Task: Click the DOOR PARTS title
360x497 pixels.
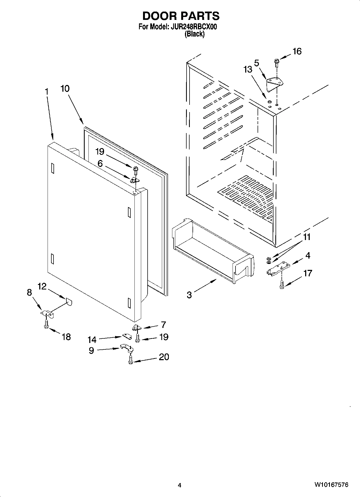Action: tap(181, 16)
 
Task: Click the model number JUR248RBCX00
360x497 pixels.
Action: tap(194, 27)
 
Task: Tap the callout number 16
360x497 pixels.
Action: tap(297, 51)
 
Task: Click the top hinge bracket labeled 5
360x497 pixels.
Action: tap(274, 83)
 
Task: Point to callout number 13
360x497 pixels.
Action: tap(248, 70)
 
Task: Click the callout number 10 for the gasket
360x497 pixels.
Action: tap(65, 88)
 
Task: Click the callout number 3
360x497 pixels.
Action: tap(189, 295)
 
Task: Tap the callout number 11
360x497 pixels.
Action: tap(307, 237)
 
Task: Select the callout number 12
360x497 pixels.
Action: tap(42, 287)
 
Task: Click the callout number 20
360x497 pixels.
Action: tap(164, 357)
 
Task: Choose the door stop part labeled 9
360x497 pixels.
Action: tap(126, 347)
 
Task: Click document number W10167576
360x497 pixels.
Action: tap(331, 485)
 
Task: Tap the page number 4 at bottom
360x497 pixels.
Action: tap(180, 485)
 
